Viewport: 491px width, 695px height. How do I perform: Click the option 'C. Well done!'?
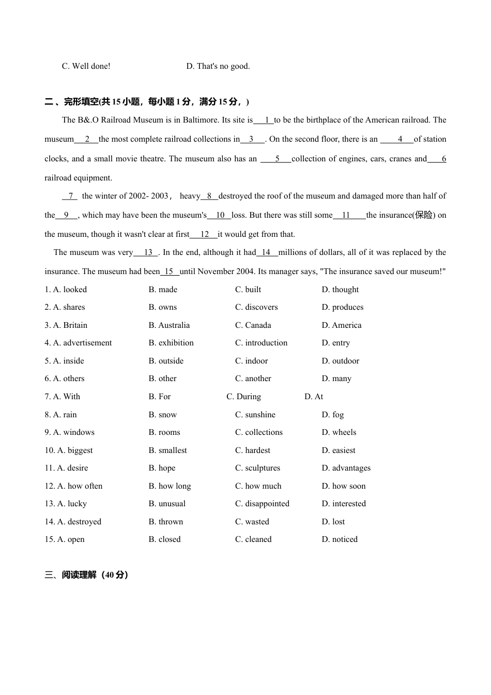pos(86,66)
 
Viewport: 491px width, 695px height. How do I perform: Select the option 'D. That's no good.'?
pos(218,66)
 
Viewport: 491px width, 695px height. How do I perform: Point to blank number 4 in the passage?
pos(399,139)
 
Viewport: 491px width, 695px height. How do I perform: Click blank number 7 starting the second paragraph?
pos(70,196)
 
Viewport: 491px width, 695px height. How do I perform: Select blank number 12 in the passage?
pos(205,234)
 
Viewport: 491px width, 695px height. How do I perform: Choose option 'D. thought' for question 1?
pos(340,290)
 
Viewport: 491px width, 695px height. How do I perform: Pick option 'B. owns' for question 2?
pos(162,307)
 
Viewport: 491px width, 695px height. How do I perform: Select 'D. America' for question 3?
pos(341,325)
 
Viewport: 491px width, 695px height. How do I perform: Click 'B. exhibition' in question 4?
pos(171,343)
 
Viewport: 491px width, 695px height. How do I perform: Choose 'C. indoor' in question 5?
pos(251,361)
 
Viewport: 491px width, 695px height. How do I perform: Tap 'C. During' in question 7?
pos(243,397)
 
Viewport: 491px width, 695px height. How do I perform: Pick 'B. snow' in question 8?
pos(162,415)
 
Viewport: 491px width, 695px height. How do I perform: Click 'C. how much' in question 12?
pos(258,486)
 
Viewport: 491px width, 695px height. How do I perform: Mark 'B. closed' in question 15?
pos(164,539)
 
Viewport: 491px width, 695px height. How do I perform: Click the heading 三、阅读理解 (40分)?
pos(86,575)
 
